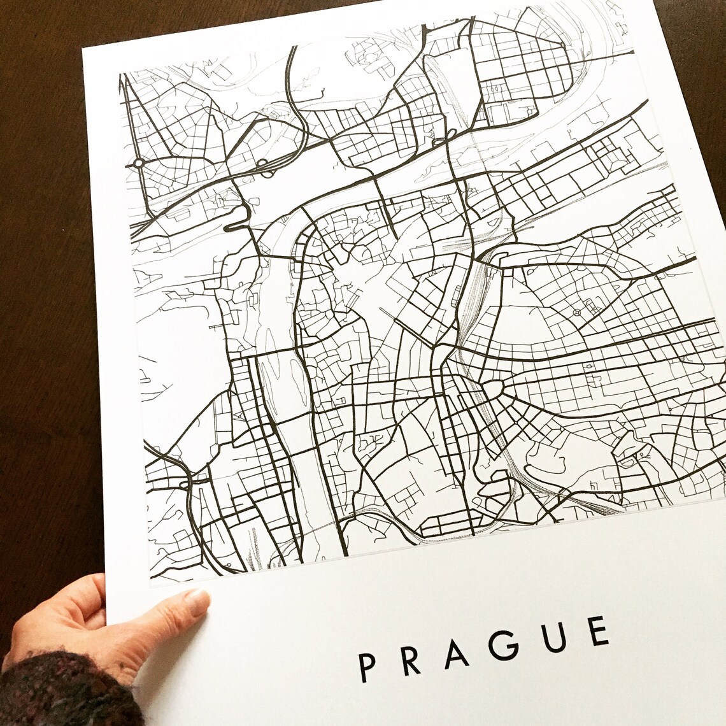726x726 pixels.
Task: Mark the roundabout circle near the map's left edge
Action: [x=138, y=164]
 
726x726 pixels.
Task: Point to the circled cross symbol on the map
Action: [x=576, y=313]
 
